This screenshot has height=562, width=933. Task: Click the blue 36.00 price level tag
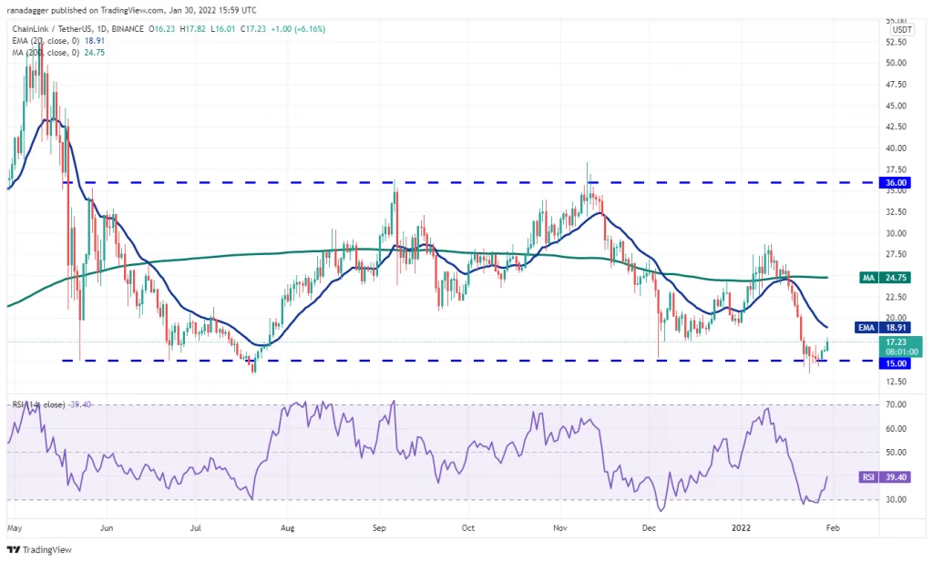(895, 183)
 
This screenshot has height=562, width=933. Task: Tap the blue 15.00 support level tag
(895, 363)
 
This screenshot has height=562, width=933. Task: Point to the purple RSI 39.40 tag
(885, 477)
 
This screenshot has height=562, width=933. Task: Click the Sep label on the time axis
(379, 527)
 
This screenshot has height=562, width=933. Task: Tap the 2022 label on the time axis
(741, 527)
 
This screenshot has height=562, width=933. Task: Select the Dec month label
(649, 527)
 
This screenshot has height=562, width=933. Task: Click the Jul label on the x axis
(196, 527)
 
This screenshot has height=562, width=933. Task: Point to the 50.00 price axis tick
(897, 63)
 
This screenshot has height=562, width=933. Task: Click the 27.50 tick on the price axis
(897, 254)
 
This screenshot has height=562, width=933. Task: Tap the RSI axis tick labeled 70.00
(897, 404)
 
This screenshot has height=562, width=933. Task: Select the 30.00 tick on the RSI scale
(897, 499)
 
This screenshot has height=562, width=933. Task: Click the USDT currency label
(902, 30)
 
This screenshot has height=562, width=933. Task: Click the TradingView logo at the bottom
(39, 550)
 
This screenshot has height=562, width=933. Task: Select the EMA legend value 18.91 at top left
(95, 40)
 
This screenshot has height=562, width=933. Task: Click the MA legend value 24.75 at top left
(95, 52)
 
